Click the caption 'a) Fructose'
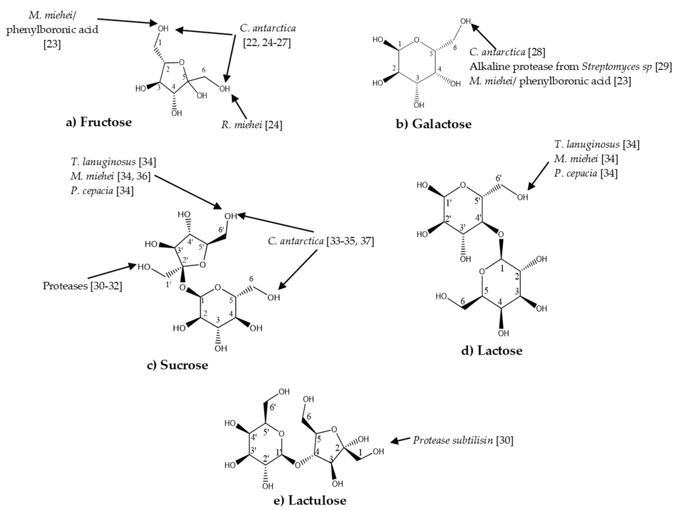[x=99, y=122]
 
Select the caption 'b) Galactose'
[x=433, y=124]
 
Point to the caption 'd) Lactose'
[x=491, y=350]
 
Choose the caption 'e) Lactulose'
[x=310, y=500]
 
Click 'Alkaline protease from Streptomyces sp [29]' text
[x=570, y=67]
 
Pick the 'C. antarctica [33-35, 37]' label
[x=321, y=241]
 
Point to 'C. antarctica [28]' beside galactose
[x=507, y=52]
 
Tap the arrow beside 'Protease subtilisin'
[x=400, y=440]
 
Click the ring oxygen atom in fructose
[x=182, y=63]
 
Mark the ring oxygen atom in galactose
[x=417, y=40]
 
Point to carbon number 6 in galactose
[x=455, y=48]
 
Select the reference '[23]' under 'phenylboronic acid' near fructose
[x=52, y=44]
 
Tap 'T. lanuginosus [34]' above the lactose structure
[x=596, y=144]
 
